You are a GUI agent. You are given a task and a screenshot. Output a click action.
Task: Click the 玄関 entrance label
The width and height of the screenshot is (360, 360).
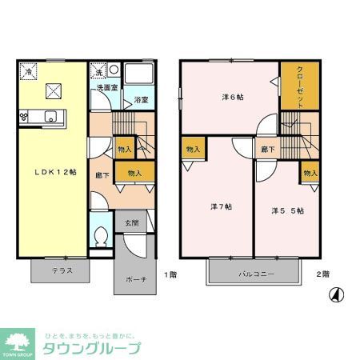coord(132,222)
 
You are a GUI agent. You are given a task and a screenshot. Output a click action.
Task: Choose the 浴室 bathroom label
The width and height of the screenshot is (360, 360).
coord(140,100)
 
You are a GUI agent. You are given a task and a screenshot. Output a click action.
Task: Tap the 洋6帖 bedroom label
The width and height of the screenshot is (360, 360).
coord(233,97)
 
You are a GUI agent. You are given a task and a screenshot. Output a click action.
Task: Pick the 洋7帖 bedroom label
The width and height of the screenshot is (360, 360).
coord(222,206)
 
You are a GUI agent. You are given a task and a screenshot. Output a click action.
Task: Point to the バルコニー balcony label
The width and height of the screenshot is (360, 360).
coord(256,274)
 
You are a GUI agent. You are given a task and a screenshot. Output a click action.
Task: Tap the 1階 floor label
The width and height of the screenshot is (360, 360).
coord(170,274)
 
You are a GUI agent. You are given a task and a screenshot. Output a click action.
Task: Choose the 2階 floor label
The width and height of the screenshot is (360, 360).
coord(322,274)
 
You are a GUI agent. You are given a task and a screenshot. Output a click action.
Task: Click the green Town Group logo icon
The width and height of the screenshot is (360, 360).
coord(18,340)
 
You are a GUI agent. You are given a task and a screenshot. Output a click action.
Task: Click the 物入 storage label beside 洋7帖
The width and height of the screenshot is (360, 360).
coord(193,150)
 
